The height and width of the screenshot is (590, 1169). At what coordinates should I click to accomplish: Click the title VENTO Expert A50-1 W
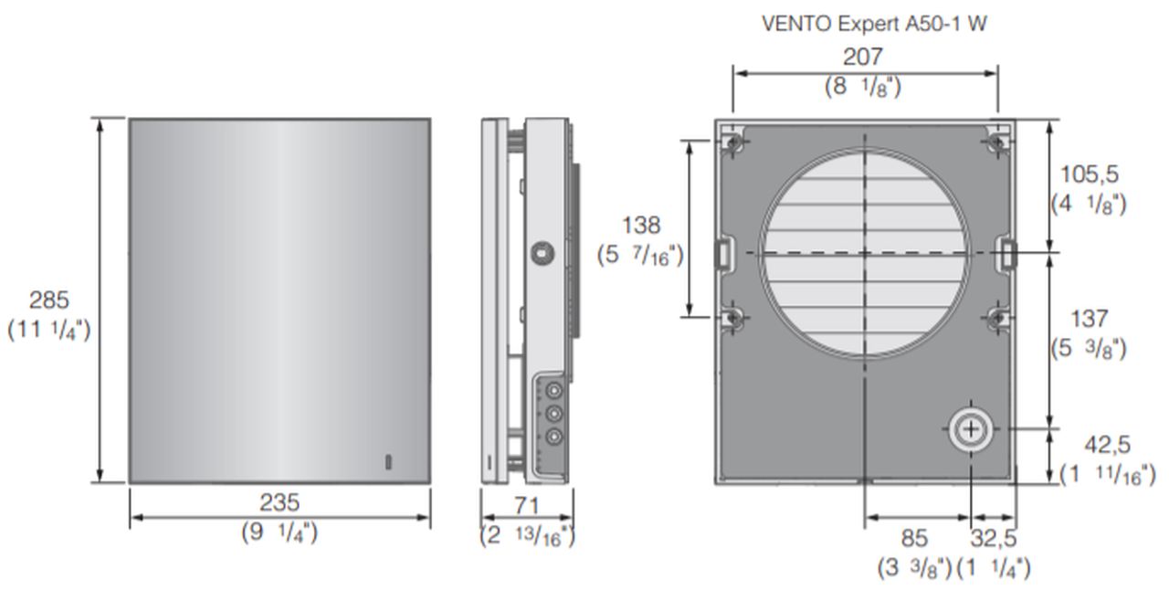pos(874,24)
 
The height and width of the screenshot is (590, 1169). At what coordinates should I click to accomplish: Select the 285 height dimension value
pos(49,300)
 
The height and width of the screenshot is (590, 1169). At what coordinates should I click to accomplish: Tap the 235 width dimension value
pos(279,502)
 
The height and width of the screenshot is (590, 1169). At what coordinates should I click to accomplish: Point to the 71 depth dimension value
pos(527,505)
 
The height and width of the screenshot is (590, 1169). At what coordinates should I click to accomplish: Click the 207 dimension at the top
pos(863,57)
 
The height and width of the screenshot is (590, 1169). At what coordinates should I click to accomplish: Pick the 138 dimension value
pos(640,225)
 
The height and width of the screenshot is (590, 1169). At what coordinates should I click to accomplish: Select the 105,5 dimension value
pos(1089,174)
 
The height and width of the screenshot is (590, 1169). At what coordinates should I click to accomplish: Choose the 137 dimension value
pos(1089,319)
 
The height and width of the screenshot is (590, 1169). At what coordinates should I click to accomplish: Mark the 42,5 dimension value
pos(1107,445)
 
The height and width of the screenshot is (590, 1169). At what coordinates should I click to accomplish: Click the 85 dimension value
pos(914,538)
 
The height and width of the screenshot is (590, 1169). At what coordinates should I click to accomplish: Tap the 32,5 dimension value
pos(993,538)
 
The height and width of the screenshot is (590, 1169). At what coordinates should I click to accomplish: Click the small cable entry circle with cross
pos(970,429)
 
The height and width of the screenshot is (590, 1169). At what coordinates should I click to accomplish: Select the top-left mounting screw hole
pos(732,142)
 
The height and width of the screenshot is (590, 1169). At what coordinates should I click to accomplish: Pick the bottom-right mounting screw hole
pos(998,318)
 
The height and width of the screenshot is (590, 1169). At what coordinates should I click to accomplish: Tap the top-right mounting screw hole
pos(998,142)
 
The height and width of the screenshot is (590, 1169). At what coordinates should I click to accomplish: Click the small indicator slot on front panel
pos(388,461)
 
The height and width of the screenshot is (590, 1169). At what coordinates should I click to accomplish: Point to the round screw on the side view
pos(544,252)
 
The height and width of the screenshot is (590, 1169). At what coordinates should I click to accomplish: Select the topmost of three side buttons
pos(552,391)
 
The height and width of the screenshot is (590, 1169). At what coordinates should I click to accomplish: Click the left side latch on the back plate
pos(721,253)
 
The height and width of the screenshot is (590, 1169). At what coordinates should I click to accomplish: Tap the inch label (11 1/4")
pos(49,329)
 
